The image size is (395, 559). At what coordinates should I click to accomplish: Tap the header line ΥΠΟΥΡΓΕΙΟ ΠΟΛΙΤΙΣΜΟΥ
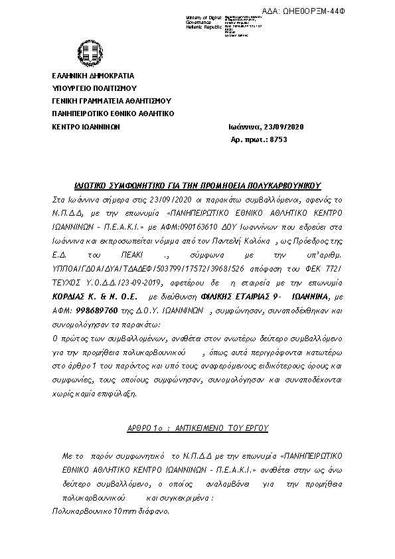(94, 88)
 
